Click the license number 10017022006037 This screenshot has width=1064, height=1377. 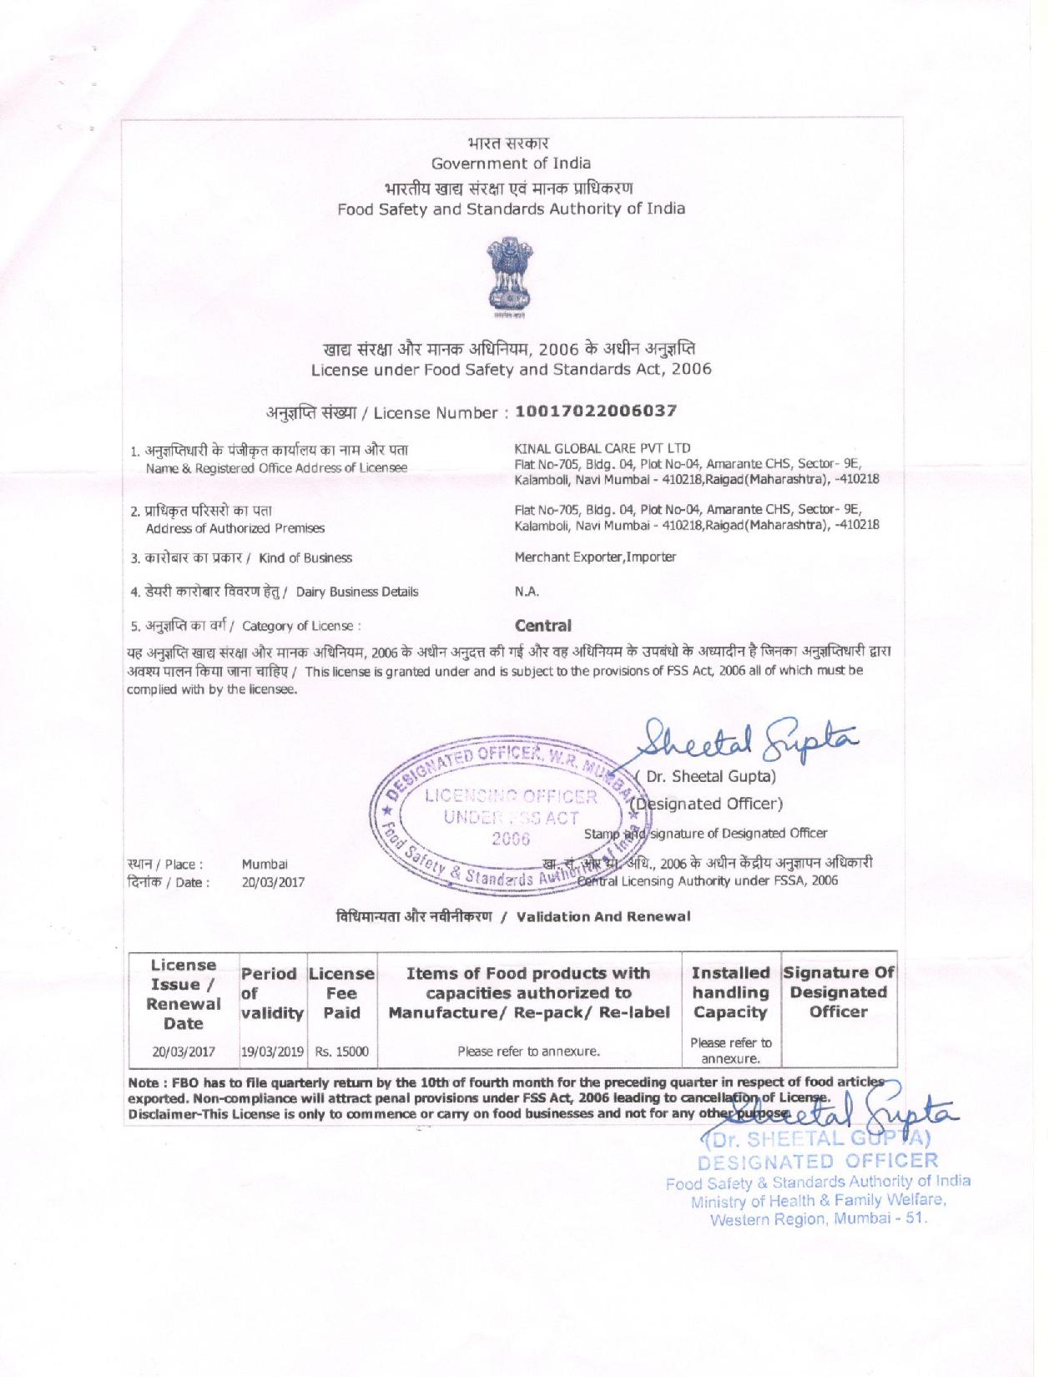tap(596, 411)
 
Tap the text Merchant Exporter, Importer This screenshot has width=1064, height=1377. tap(596, 557)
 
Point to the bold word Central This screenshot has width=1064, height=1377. tap(543, 625)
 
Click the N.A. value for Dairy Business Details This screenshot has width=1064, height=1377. tap(527, 592)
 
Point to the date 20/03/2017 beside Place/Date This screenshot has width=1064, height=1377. tap(273, 881)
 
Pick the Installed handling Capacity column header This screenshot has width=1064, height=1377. tap(730, 992)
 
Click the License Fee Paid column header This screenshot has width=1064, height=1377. tap(341, 993)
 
